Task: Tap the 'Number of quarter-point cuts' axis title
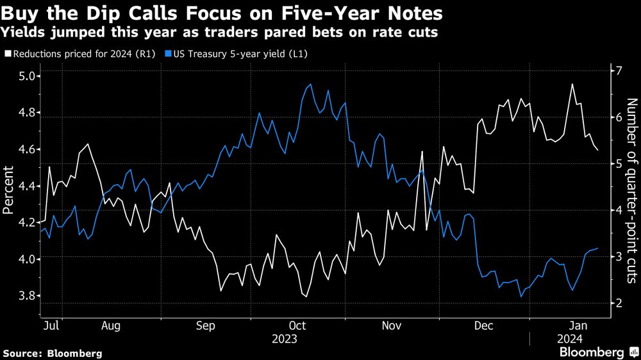[x=631, y=190]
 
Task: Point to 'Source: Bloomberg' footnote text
[x=53, y=353]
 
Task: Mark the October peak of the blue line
[x=311, y=85]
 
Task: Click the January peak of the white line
[x=572, y=84]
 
